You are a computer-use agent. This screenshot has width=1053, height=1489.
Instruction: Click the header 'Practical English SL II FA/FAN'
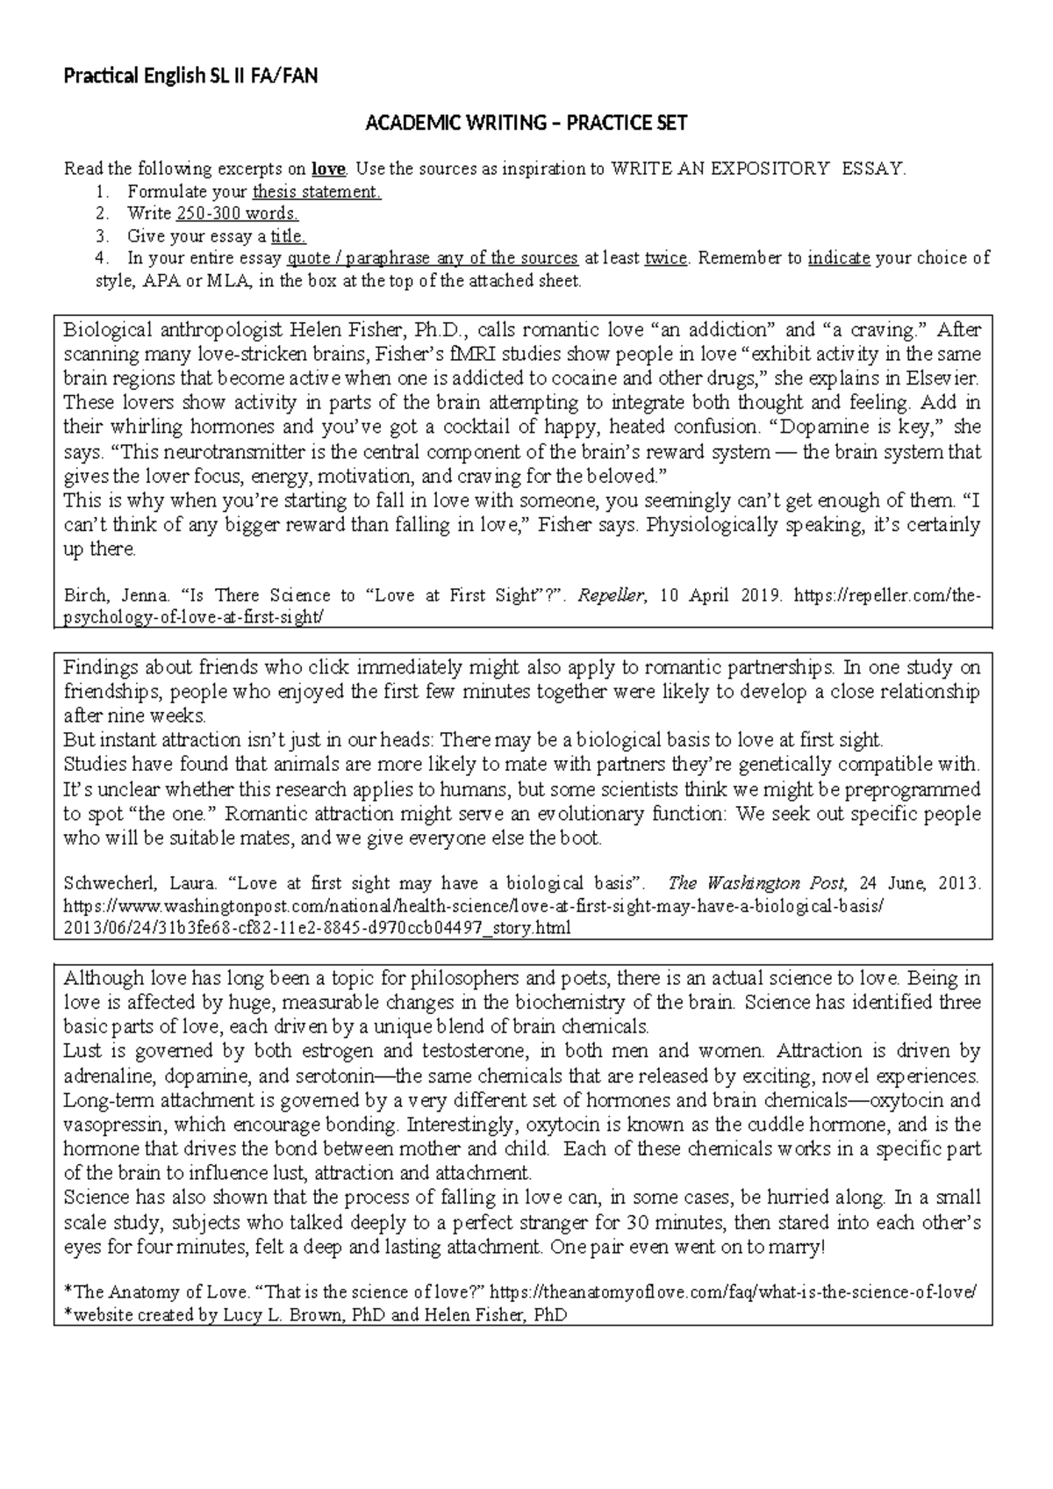tap(190, 76)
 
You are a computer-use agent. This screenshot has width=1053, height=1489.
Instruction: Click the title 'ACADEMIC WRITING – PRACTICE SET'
tap(526, 124)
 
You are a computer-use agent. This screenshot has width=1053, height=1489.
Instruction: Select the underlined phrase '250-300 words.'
tap(237, 213)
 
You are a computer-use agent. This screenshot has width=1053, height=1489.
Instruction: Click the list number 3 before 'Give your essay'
tap(103, 236)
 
